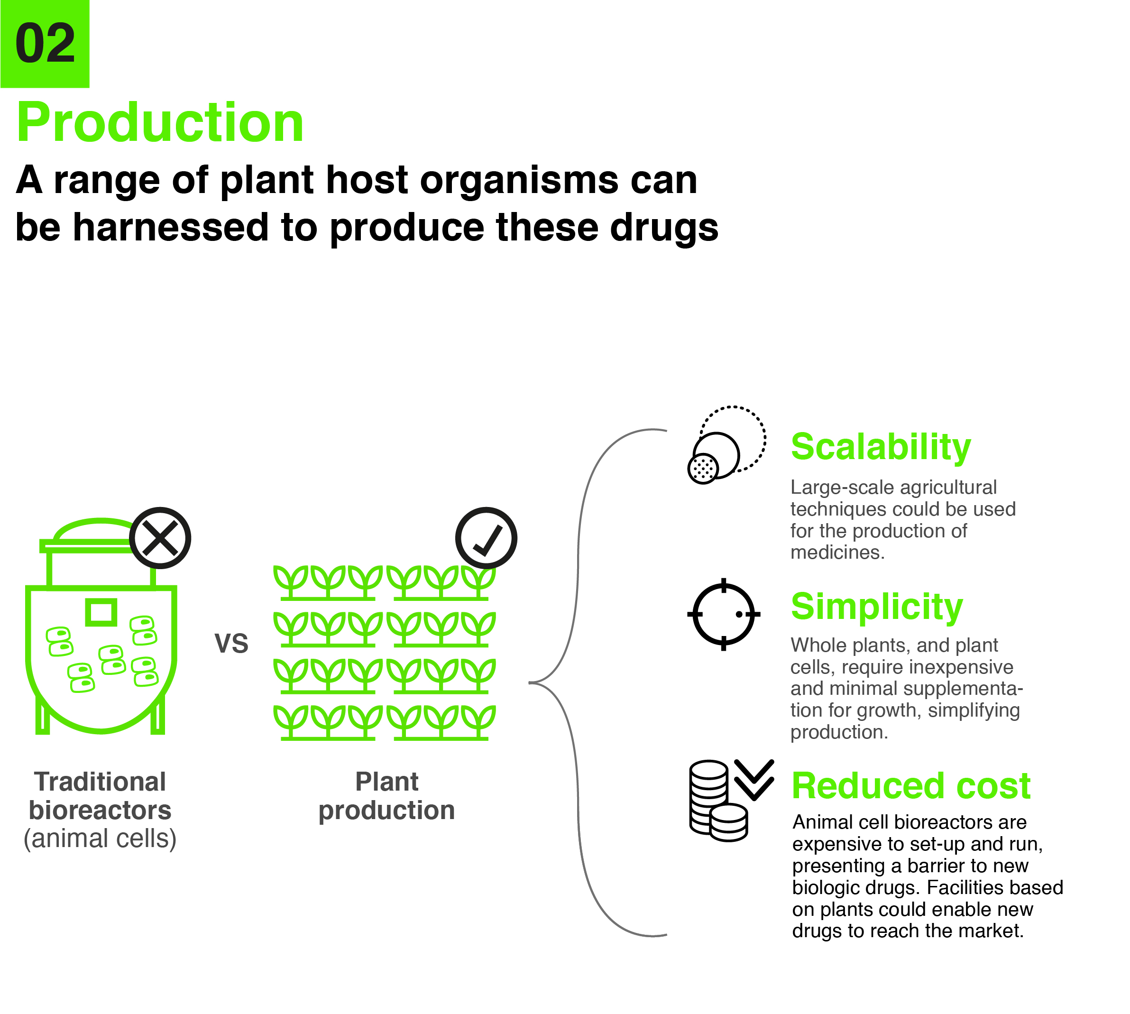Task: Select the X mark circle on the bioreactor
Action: [x=160, y=538]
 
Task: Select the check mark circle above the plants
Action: [x=486, y=538]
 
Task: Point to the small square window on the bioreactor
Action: [x=101, y=612]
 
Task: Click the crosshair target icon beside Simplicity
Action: [x=724, y=614]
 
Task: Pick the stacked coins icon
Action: [x=718, y=800]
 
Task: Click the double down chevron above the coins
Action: [x=754, y=779]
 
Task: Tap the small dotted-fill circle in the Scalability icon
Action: [x=703, y=468]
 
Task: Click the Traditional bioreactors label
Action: [x=100, y=796]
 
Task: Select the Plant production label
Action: [x=386, y=796]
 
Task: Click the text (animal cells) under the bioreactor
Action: [x=100, y=839]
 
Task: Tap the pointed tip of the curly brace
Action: [x=530, y=682]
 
